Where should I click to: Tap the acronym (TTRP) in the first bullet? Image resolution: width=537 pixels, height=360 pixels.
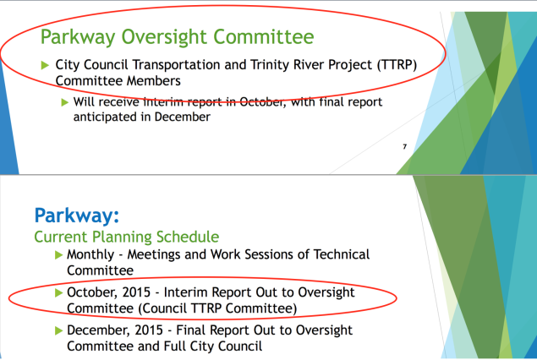point(397,65)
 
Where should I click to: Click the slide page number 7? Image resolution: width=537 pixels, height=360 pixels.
point(405,146)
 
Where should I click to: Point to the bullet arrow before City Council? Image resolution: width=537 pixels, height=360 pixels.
point(45,65)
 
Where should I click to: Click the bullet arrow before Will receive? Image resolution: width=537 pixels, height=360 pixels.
point(65,102)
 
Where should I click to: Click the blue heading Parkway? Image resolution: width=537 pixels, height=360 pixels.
point(77,216)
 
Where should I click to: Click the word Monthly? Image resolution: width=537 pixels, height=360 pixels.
point(90,255)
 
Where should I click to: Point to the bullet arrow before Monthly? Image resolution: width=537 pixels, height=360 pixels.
point(58,255)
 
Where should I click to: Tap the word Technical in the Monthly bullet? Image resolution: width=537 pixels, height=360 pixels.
point(342,254)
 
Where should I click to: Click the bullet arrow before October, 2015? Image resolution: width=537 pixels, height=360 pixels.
point(58,292)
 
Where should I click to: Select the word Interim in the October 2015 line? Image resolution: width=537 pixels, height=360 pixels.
point(186,292)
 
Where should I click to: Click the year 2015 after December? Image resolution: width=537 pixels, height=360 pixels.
point(149,330)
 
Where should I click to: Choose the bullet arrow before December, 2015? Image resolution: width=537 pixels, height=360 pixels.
point(58,330)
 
